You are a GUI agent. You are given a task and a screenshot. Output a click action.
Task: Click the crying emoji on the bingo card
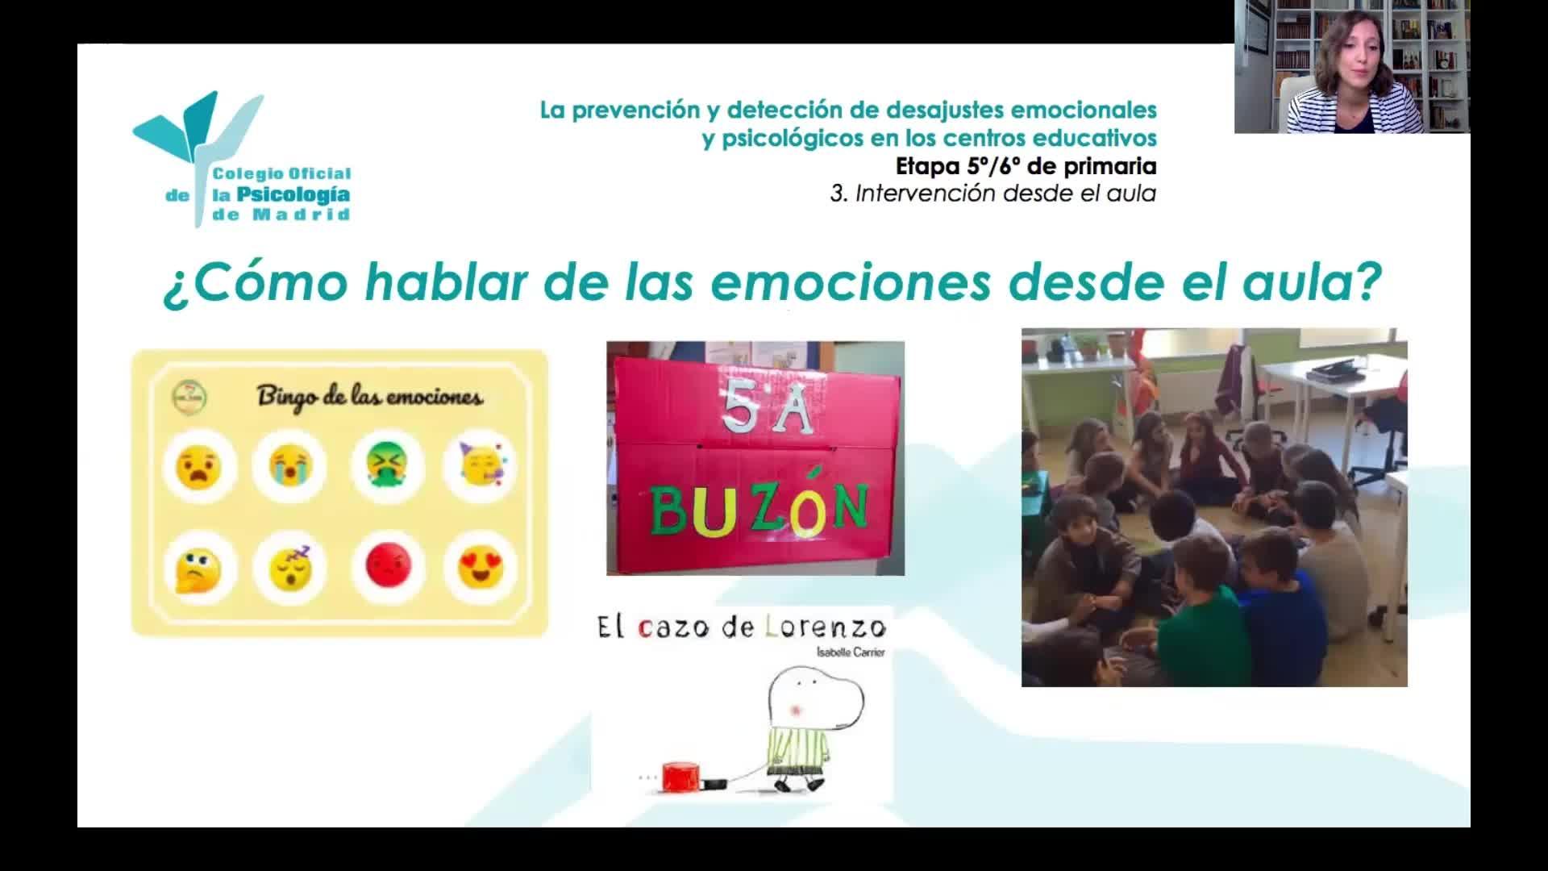(288, 467)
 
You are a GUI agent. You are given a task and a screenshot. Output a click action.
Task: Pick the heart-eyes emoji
(481, 566)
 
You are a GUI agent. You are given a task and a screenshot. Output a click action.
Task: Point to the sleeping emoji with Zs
(290, 567)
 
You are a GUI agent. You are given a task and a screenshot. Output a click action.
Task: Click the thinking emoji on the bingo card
(196, 569)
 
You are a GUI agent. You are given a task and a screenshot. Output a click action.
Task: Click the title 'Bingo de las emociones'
(370, 398)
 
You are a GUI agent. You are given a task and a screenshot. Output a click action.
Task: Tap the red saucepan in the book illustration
(682, 777)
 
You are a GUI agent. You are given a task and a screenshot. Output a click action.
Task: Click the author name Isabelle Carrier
(850, 652)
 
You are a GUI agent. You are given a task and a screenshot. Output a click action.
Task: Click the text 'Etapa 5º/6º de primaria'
(1026, 166)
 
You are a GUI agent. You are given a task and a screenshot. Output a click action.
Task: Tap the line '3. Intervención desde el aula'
(993, 194)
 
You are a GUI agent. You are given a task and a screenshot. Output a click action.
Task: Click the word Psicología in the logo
(293, 194)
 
